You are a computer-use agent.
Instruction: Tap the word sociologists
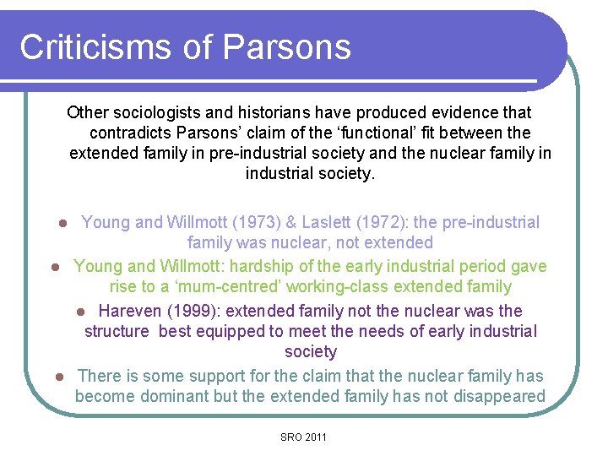point(161,112)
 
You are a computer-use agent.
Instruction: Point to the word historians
point(285,112)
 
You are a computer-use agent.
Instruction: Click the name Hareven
point(132,311)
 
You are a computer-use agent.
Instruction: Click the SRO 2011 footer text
point(304,437)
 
